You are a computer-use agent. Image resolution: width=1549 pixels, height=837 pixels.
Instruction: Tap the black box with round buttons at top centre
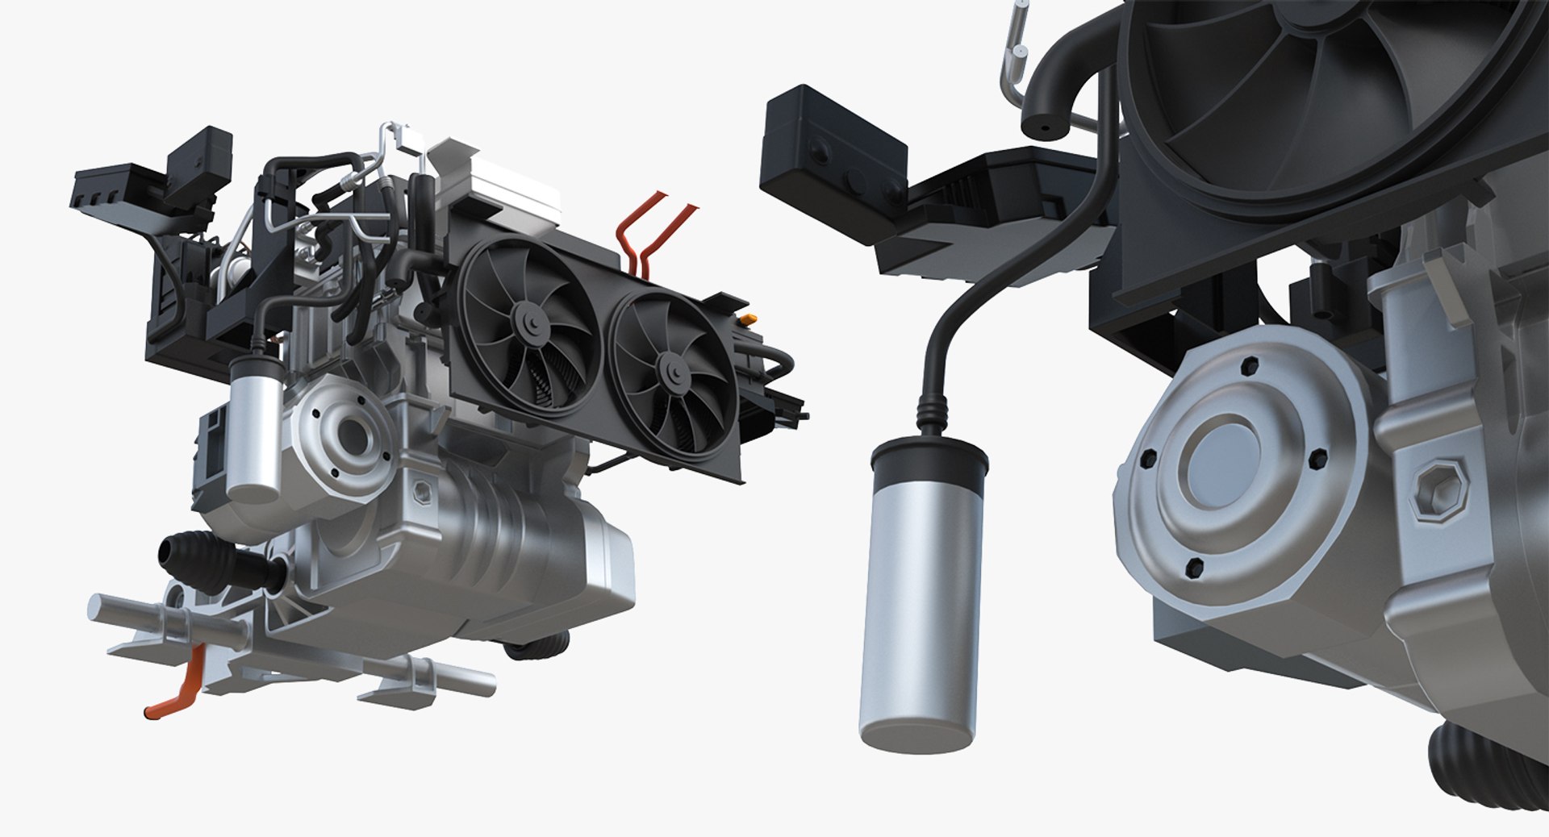click(834, 150)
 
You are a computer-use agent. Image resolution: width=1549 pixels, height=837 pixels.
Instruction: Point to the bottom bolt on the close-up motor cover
click(1195, 568)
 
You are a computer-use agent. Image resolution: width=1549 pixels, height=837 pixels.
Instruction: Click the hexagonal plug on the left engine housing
click(420, 489)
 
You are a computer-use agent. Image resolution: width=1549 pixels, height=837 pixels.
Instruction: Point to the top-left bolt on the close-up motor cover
click(1146, 461)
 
